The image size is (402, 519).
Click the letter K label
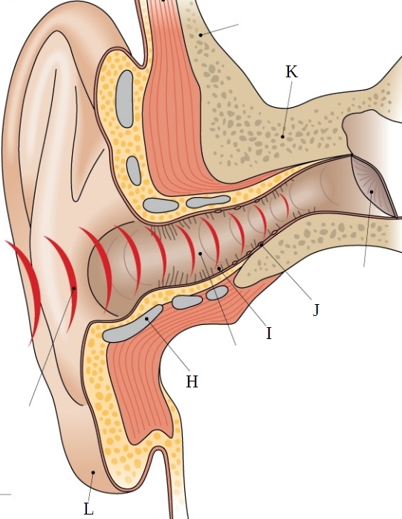coord(291,71)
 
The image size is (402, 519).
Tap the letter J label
coord(317,310)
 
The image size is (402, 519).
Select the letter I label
coord(269,333)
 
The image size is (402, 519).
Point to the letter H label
coord(192,381)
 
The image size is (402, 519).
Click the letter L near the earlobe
coord(88,509)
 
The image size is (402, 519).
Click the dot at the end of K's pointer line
coord(282,136)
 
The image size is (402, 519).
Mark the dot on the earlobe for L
coord(94,472)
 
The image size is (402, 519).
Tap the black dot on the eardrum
coord(372,192)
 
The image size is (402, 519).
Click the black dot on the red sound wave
coord(74,288)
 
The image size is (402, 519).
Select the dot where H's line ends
coord(146,318)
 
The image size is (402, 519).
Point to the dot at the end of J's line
coord(262,245)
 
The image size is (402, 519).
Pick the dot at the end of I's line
coord(219,268)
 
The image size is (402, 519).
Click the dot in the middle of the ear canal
coord(200,254)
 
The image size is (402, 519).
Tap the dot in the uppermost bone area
coord(201,34)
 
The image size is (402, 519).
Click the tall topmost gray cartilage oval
coord(124,99)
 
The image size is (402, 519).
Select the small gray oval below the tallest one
coord(134,170)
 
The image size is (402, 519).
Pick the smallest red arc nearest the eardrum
coord(285,204)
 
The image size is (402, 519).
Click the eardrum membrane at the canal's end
coord(374,187)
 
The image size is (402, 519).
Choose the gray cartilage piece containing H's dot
coord(132,324)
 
